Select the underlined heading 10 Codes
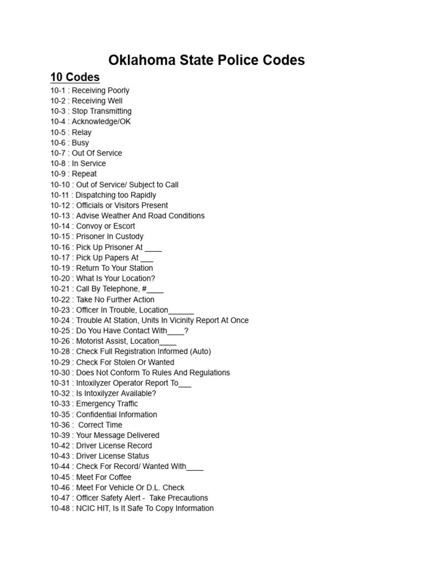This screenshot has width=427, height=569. [75, 77]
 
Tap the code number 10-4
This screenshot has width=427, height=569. [58, 122]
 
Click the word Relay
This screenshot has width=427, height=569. [82, 132]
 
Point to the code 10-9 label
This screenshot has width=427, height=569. [58, 174]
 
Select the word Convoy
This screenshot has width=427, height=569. [89, 226]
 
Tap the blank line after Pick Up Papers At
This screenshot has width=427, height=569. [147, 258]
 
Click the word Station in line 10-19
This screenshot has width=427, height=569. [139, 268]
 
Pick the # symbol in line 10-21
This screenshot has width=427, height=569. [144, 289]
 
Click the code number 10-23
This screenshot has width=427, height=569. [60, 310]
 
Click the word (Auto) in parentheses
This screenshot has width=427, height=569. [200, 352]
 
